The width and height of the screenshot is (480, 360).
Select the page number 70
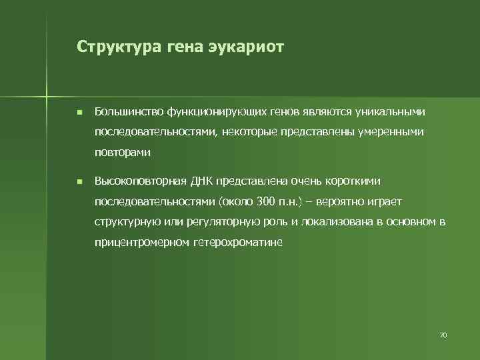pyautogui.click(x=443, y=334)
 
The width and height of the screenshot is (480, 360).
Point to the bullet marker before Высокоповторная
pyautogui.click(x=79, y=181)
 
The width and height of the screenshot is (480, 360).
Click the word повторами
pyautogui.click(x=122, y=152)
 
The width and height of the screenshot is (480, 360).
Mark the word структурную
pyautogui.click(x=124, y=221)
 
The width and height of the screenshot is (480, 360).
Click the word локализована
pyautogui.click(x=337, y=221)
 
